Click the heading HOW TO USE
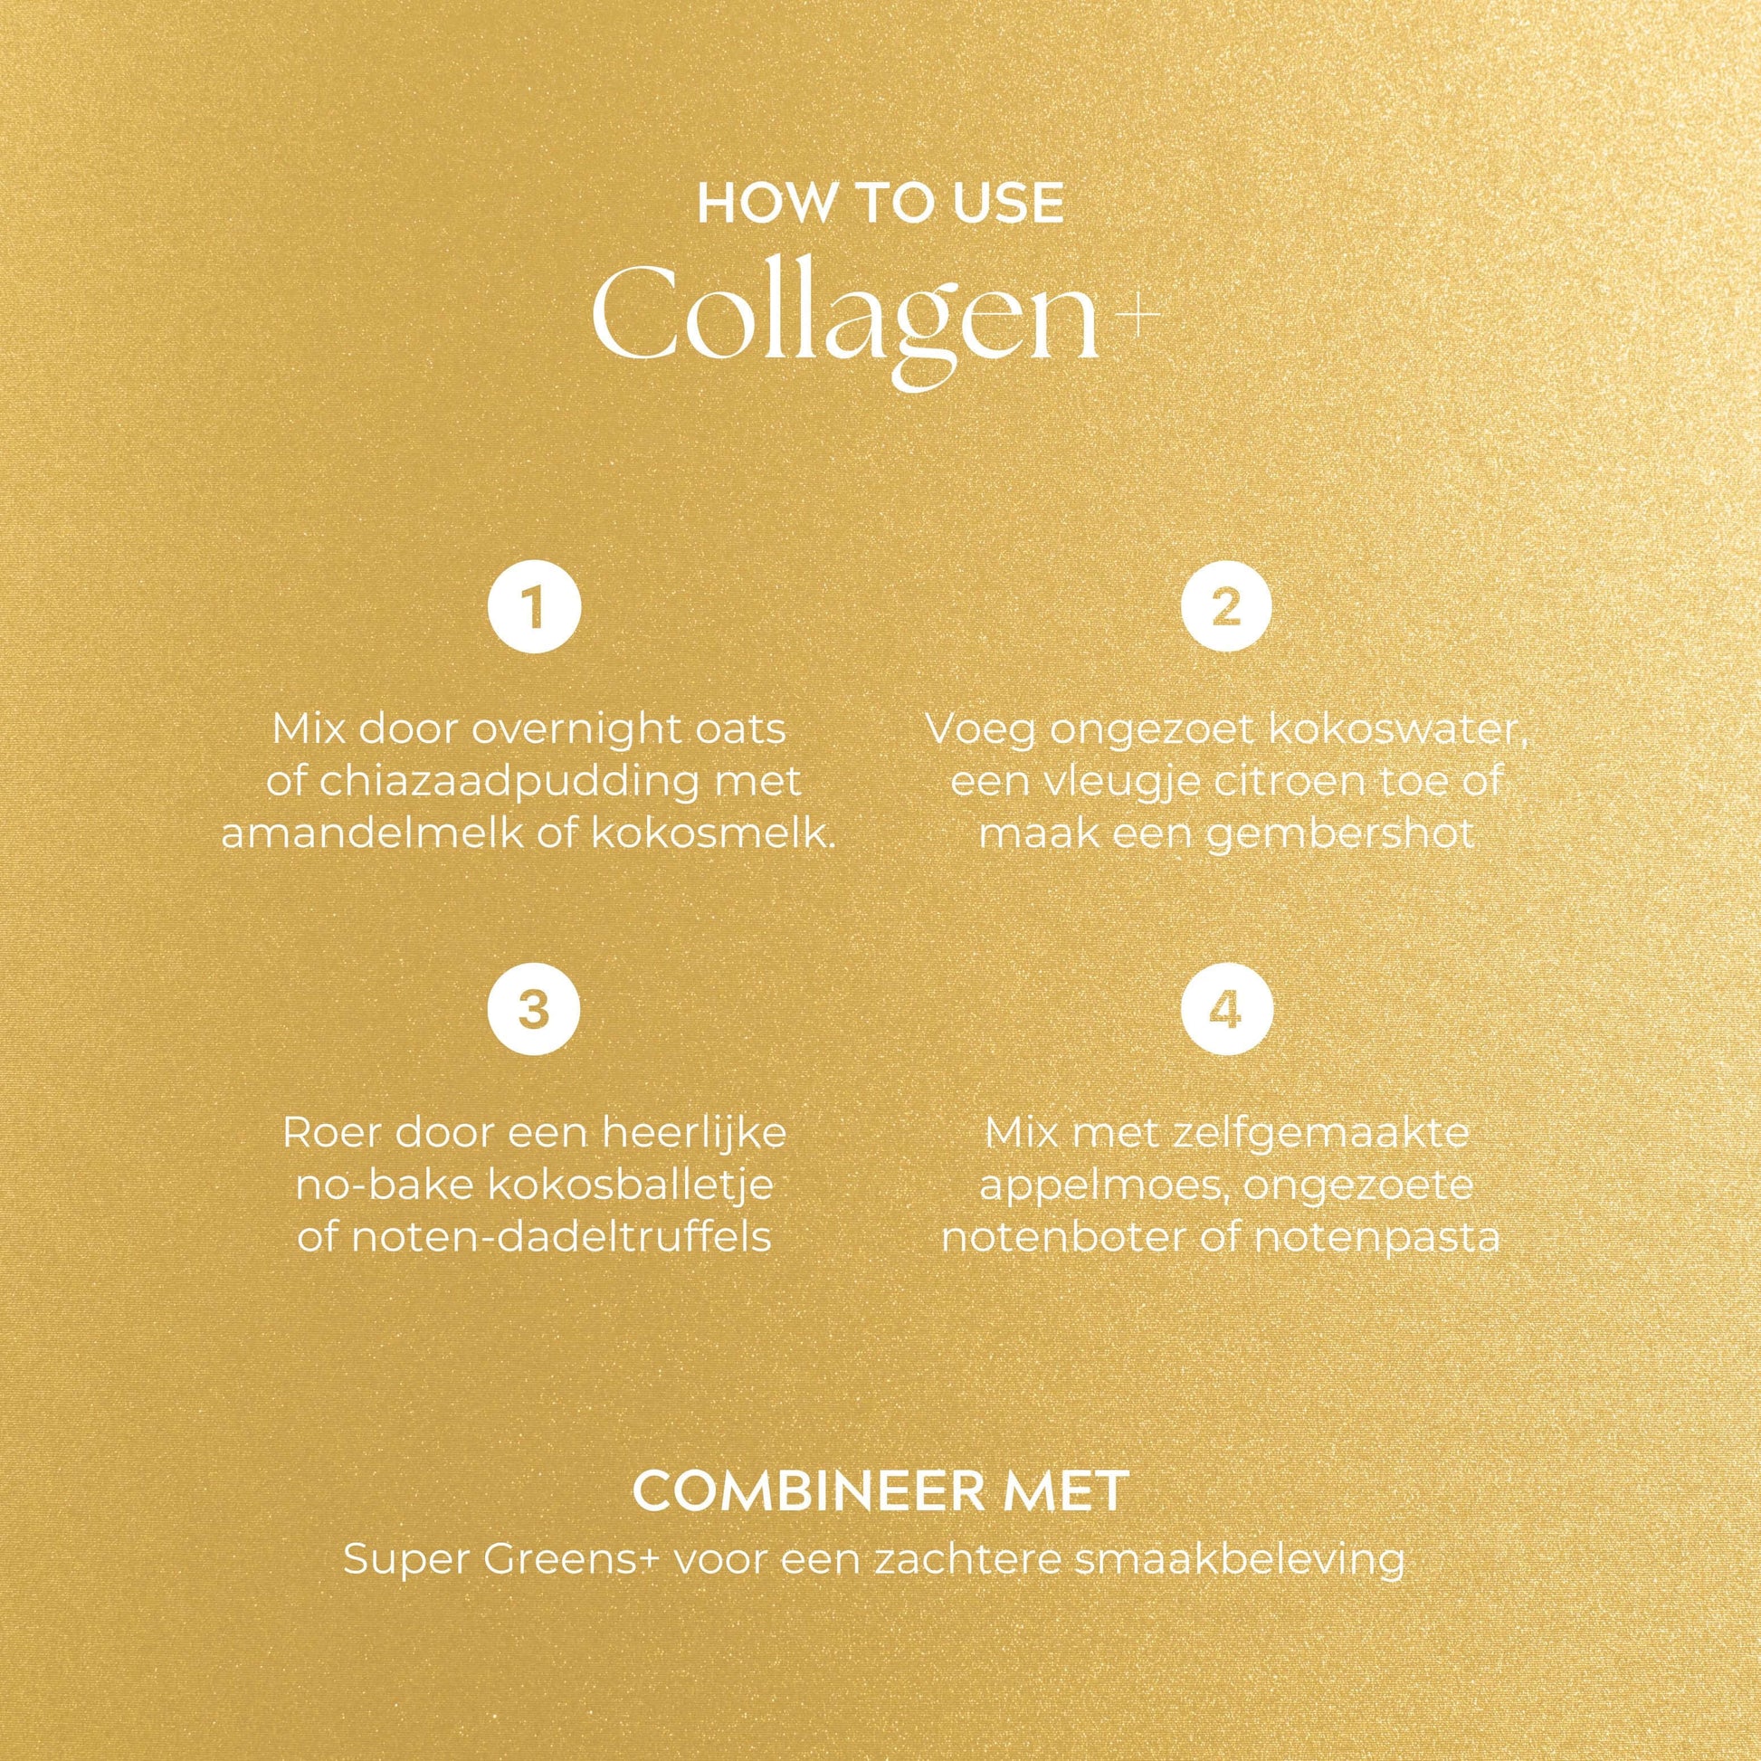[x=880, y=205]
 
